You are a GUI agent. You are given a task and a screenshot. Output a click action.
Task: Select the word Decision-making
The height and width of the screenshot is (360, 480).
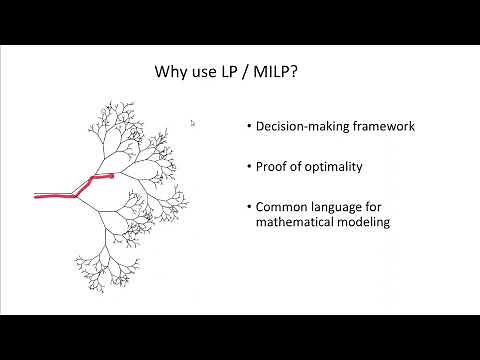point(297,126)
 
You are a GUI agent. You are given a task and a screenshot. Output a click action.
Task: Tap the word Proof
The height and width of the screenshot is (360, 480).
point(272,166)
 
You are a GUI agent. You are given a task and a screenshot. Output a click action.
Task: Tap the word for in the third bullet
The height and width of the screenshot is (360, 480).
point(379,207)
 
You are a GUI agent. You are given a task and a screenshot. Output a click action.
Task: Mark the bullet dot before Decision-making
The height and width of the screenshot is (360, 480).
point(248,126)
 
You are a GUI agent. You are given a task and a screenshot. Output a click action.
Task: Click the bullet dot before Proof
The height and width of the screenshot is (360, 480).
point(248,166)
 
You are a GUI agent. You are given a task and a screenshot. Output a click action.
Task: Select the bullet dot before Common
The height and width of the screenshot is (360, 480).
point(248,207)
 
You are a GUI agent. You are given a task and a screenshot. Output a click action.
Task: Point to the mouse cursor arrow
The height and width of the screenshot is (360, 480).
point(192,123)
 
